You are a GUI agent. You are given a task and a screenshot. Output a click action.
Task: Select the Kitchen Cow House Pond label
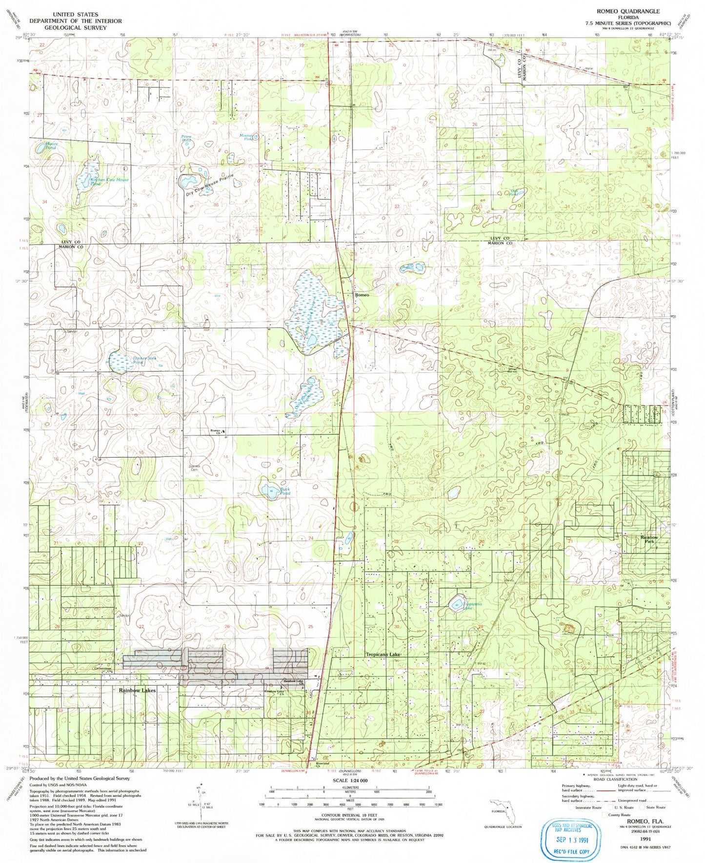(x=109, y=182)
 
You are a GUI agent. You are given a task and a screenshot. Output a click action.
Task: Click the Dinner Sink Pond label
(x=144, y=360)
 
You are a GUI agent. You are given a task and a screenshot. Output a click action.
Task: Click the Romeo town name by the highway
(x=362, y=295)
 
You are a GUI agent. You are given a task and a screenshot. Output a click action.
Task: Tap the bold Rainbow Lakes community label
(x=137, y=690)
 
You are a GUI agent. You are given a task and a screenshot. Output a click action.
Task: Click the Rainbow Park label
(x=649, y=539)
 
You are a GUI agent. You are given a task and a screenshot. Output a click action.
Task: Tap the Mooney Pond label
(x=247, y=137)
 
